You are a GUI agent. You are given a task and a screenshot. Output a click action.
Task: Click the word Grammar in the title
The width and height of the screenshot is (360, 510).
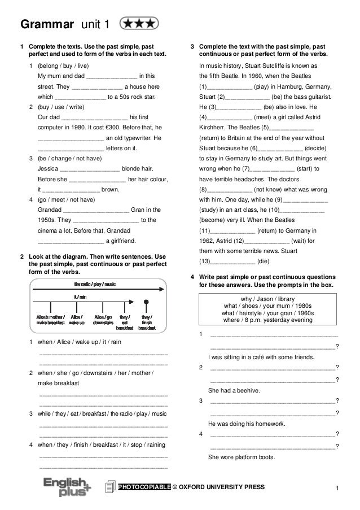47,24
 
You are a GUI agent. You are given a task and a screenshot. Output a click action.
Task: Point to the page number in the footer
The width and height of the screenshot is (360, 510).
336,487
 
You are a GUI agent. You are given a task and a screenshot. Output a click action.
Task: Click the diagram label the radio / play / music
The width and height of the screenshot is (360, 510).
95,284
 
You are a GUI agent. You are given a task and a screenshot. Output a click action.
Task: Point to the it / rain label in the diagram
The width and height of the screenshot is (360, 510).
80,296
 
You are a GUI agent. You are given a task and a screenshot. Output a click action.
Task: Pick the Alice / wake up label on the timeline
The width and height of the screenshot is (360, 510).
77,320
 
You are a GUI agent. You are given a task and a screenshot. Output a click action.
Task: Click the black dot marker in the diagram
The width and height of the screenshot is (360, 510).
146,302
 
